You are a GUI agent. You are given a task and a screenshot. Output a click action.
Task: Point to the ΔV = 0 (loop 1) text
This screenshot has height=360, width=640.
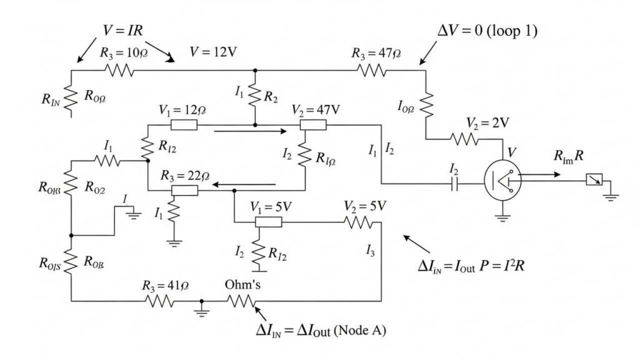(486, 31)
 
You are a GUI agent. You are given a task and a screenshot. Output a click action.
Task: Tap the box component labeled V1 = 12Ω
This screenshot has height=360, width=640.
(184, 125)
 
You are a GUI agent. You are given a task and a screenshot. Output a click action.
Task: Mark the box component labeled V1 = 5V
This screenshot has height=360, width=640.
(269, 221)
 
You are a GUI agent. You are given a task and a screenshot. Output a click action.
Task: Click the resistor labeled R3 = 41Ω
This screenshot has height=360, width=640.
(159, 301)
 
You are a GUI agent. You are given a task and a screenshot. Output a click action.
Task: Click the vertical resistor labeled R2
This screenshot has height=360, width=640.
(254, 97)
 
